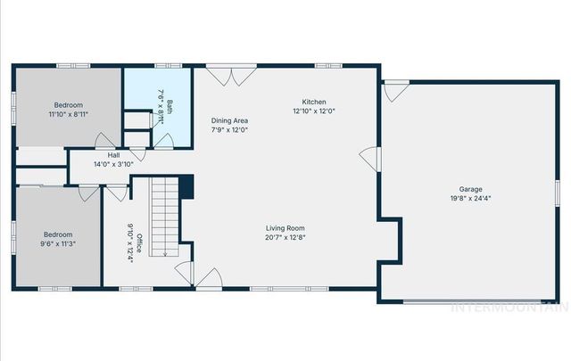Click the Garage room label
pos(470,189)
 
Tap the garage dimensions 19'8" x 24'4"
pos(470,199)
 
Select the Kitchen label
pos(315,102)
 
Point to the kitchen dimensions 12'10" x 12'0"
pos(315,111)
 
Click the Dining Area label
pos(229,120)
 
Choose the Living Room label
pos(285,228)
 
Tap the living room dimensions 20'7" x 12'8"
pos(285,238)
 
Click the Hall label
pos(113,154)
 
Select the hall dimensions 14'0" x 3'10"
pos(113,164)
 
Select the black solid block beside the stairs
pos(186,188)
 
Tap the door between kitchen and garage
pos(369,158)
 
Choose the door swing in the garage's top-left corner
pos(395,90)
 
